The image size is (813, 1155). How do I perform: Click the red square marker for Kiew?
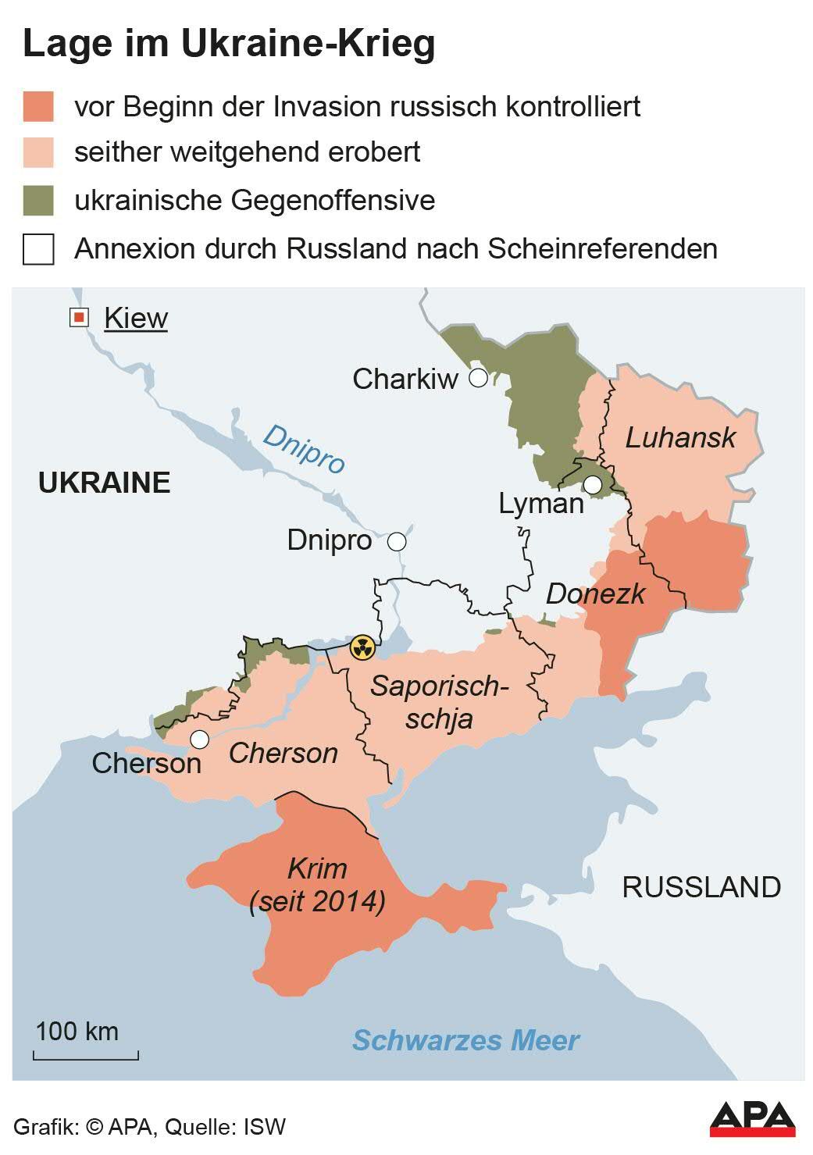coord(79,318)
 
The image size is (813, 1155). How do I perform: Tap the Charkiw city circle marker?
coord(478,379)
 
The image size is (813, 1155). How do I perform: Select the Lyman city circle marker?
coord(593,485)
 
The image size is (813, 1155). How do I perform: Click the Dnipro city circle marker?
coord(397,541)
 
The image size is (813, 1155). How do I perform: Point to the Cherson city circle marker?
coord(200,739)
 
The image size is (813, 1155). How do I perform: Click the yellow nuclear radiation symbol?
coord(362,647)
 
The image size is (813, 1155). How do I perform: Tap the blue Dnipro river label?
coord(304,448)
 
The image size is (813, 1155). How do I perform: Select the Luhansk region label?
coord(680,437)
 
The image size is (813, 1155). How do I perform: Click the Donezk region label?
coord(595,594)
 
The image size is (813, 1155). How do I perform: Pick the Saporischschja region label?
coord(440,702)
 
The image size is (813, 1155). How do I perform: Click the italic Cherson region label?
coord(283,754)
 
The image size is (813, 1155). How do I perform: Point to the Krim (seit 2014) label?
coord(317,885)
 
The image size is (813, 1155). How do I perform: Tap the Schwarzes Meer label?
coord(465,1040)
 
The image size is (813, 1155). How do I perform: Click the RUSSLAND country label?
coord(701,887)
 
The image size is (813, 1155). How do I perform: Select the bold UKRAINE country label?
coord(105,483)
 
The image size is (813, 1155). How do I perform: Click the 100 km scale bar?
coord(86,1055)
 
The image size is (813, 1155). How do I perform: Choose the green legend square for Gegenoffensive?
coord(38,201)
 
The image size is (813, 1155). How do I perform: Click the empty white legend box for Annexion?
coord(38,250)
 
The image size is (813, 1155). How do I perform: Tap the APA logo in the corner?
coord(752,1119)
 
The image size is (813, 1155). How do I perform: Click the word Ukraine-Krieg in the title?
coord(308,44)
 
